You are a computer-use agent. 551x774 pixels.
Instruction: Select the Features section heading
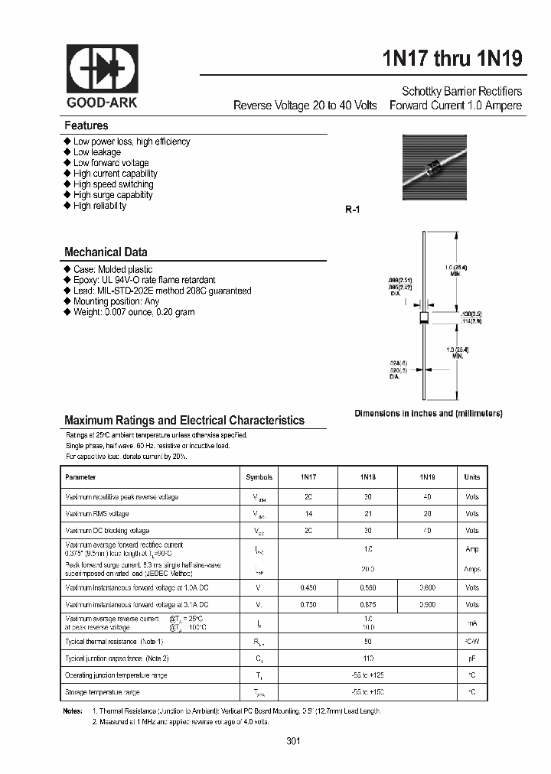click(86, 125)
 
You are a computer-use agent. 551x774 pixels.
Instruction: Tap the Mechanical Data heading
click(106, 252)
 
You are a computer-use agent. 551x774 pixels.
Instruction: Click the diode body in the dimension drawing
click(423, 317)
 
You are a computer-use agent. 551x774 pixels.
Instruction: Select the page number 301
click(293, 741)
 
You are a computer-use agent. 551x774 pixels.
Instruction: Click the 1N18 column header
click(367, 477)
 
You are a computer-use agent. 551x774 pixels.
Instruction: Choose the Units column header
click(472, 477)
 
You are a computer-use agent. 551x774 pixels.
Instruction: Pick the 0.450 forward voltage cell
click(308, 587)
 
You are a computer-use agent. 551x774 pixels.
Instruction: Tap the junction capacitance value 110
click(367, 658)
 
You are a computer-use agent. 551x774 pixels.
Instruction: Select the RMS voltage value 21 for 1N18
click(367, 514)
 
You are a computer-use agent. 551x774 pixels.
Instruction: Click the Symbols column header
click(259, 477)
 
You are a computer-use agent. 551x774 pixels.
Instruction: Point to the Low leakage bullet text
click(97, 152)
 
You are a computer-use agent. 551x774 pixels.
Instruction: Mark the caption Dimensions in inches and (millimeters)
click(428, 413)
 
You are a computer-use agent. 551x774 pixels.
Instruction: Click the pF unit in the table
click(472, 658)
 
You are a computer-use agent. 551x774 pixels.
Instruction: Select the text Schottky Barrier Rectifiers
click(462, 91)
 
